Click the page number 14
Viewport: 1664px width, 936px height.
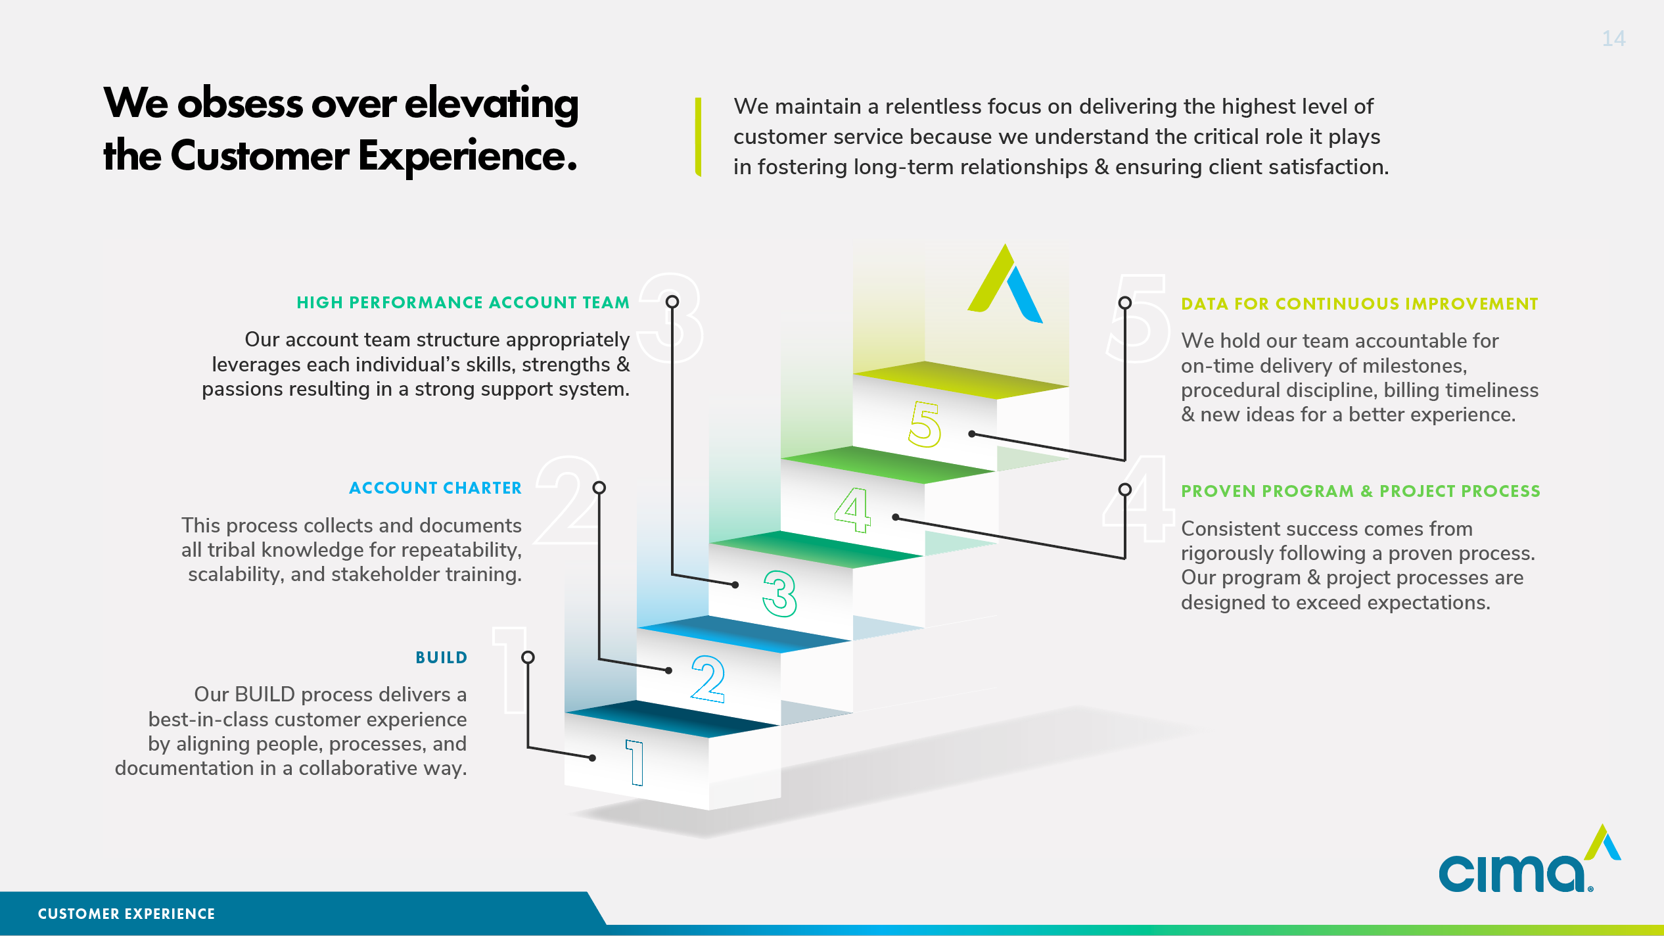pyautogui.click(x=1613, y=39)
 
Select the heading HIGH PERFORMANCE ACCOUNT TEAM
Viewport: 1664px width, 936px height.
pyautogui.click(x=463, y=302)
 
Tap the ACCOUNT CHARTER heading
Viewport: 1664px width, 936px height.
pyautogui.click(x=435, y=488)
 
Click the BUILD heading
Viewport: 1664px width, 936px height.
pyautogui.click(x=441, y=657)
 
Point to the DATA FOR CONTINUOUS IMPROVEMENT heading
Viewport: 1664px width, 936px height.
pyautogui.click(x=1359, y=304)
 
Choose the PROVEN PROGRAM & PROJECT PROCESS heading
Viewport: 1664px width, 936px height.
pyautogui.click(x=1360, y=491)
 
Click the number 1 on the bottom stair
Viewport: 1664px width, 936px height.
pyautogui.click(x=635, y=762)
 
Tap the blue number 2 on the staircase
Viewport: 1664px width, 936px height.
pyautogui.click(x=708, y=678)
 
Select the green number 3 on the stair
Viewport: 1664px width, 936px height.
pyautogui.click(x=780, y=594)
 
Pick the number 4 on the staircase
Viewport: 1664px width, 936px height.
pyautogui.click(x=852, y=509)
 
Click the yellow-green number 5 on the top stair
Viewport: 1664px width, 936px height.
pyautogui.click(x=925, y=425)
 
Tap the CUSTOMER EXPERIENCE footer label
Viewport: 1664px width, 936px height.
pyautogui.click(x=126, y=914)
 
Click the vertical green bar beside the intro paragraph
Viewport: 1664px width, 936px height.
pyautogui.click(x=698, y=137)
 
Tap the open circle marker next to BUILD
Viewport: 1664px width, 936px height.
pyautogui.click(x=528, y=657)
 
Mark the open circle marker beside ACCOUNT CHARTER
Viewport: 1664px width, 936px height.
pyautogui.click(x=599, y=488)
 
